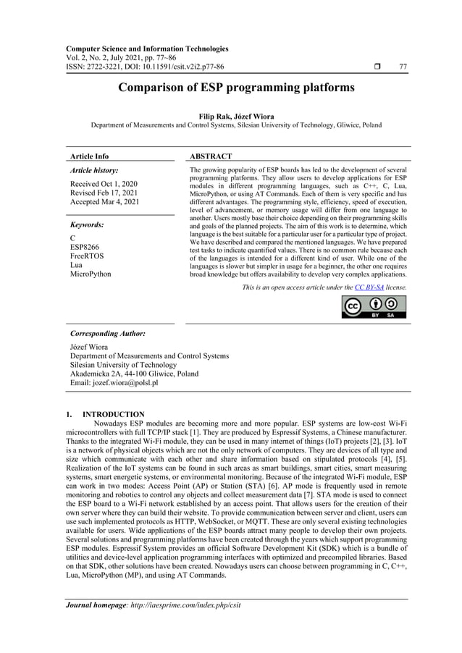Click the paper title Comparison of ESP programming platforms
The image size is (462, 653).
pos(231,88)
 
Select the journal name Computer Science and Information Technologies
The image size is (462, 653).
pos(147,49)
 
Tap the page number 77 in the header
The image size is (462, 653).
pos(403,67)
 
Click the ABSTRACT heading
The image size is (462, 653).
pos(210,156)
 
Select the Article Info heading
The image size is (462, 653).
pos(89,156)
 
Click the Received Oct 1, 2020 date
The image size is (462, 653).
pos(104,184)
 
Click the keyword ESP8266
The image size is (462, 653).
pos(85,247)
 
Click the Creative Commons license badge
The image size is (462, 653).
pos(374,307)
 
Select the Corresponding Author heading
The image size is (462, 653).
pos(108,334)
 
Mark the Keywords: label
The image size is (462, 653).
pos(87,225)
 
